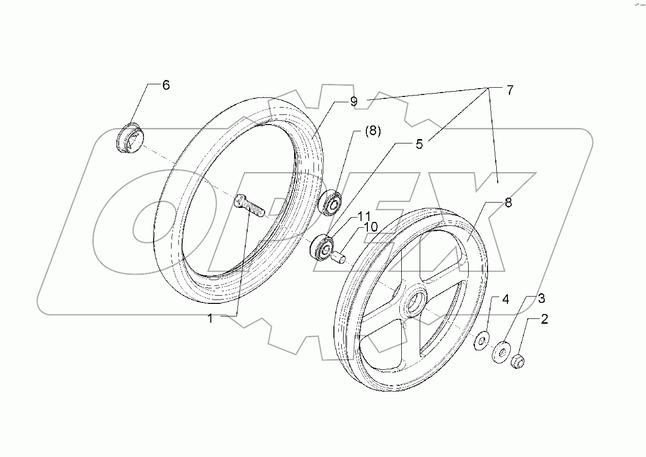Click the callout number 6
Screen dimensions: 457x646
[x=166, y=85]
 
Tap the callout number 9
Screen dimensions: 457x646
[x=353, y=101]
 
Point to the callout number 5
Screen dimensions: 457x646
[x=419, y=144]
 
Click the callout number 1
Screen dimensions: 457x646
[x=210, y=318]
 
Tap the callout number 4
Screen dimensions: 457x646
[x=505, y=299]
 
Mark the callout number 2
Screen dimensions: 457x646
[x=544, y=319]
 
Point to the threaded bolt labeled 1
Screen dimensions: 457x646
[x=249, y=205]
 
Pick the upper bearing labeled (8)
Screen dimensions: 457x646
[x=332, y=203]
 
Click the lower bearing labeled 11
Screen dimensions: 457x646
[x=322, y=248]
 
